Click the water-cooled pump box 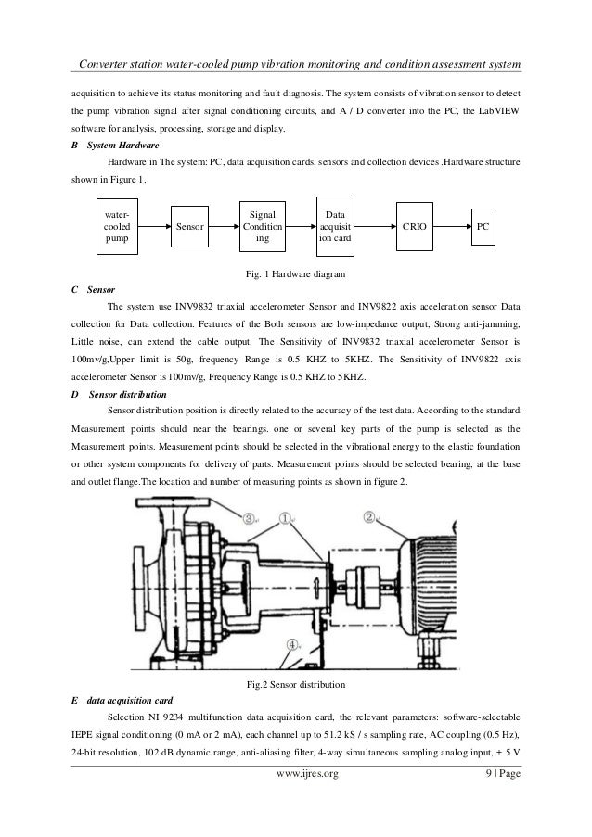[x=118, y=225]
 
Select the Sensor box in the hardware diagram [x=190, y=225]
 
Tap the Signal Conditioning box [x=264, y=225]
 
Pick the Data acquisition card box [x=333, y=225]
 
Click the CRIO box [x=413, y=225]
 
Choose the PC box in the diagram [x=483, y=225]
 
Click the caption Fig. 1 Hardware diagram [x=295, y=274]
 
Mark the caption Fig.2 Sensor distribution [x=295, y=684]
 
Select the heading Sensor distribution [x=125, y=394]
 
